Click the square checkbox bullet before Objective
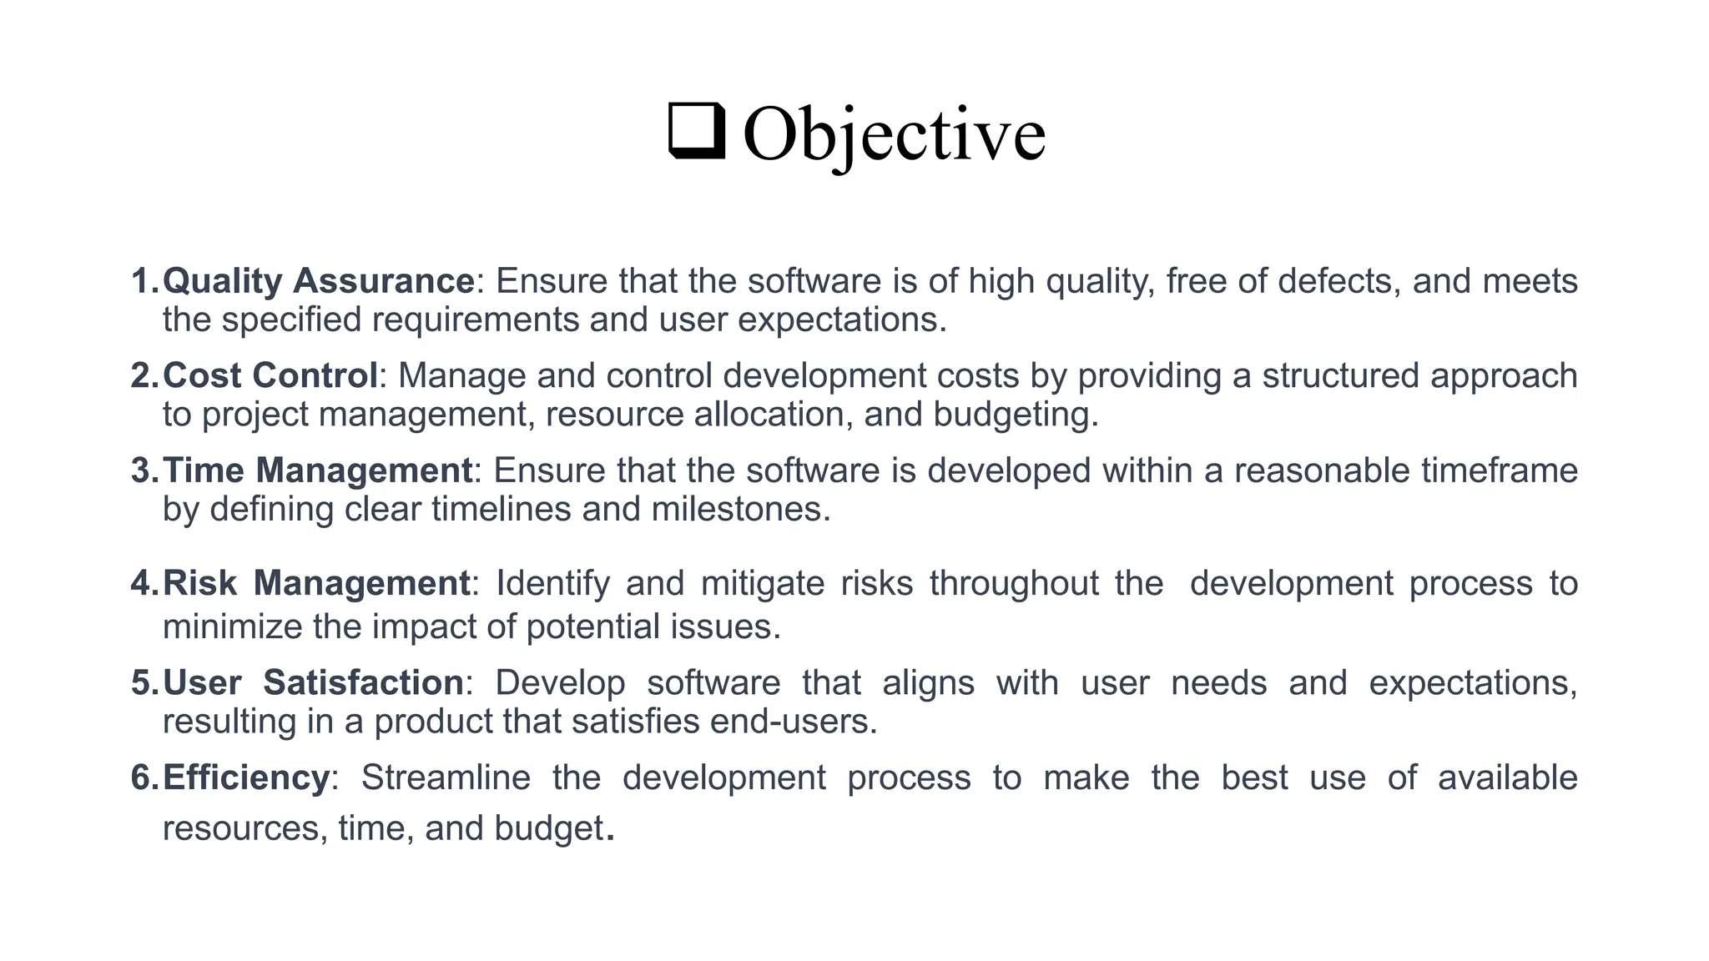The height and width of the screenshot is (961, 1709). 697,132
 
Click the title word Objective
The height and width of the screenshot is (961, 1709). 893,135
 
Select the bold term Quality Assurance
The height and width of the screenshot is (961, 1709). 318,281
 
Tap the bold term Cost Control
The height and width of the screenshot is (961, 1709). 270,376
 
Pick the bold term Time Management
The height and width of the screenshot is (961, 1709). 317,471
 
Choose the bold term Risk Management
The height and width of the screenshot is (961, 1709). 316,584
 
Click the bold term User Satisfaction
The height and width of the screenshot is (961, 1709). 313,683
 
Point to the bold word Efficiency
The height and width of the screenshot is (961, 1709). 246,778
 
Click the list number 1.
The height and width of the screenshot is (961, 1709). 143,281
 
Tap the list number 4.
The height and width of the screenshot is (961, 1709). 143,584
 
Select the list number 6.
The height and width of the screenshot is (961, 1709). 143,778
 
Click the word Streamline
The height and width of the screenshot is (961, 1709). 446,778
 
